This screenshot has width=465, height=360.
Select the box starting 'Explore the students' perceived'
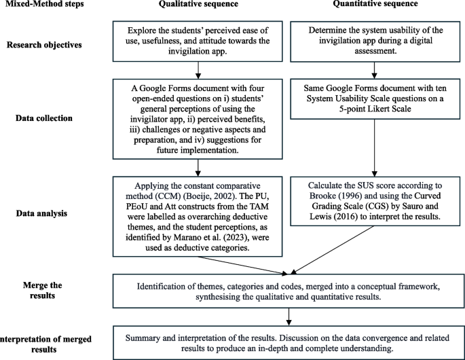[198, 41]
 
